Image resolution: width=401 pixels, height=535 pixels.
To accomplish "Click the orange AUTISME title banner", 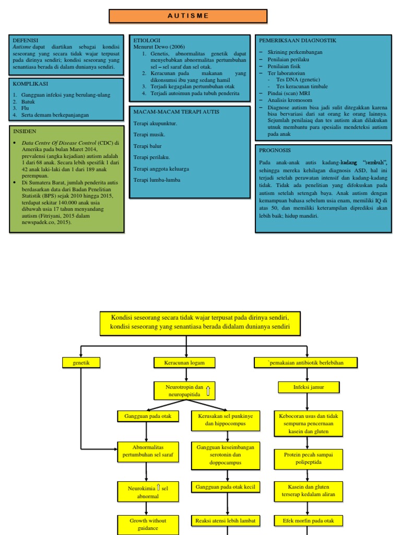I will tap(187, 16).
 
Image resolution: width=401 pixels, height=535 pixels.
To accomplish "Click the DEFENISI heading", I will tap(25, 40).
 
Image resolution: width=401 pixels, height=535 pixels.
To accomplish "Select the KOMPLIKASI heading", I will tap(30, 84).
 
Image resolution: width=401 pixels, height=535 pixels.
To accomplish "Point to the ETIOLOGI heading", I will tap(147, 40).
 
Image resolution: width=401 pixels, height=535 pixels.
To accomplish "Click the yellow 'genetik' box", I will tap(81, 362).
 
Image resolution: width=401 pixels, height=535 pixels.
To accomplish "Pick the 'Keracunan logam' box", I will tap(184, 362).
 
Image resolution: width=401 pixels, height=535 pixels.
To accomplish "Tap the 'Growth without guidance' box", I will tap(148, 524).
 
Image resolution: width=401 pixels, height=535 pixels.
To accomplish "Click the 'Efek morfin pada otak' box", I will tap(308, 520).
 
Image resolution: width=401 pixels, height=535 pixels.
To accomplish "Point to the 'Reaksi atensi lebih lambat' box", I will tap(225, 520).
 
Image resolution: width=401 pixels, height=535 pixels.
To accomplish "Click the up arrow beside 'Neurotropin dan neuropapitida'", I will tap(208, 390).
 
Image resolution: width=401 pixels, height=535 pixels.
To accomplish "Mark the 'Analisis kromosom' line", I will tap(290, 100).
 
